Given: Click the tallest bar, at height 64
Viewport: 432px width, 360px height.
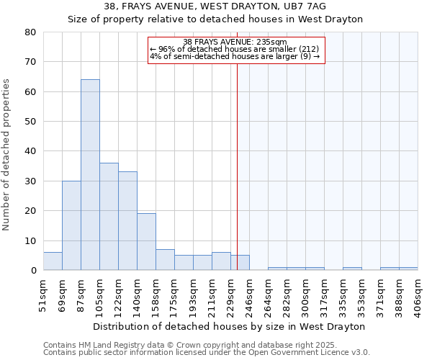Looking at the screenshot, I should click(x=90, y=175).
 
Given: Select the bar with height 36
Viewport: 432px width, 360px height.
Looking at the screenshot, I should click(x=109, y=217).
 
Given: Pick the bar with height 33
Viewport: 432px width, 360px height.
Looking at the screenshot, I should click(x=127, y=221).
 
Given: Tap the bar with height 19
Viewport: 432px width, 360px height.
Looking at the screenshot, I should click(x=146, y=242).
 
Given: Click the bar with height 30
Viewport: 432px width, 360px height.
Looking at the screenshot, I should click(x=71, y=225).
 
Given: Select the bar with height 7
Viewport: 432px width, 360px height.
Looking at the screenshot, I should click(x=165, y=260).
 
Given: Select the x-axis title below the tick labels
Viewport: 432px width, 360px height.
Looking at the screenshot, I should click(x=229, y=326).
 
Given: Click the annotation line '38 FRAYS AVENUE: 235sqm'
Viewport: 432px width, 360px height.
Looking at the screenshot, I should click(x=235, y=42).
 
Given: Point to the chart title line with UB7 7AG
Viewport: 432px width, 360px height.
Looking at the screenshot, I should click(x=215, y=6).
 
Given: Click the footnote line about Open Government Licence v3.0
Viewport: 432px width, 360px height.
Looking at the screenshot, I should click(x=207, y=353).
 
